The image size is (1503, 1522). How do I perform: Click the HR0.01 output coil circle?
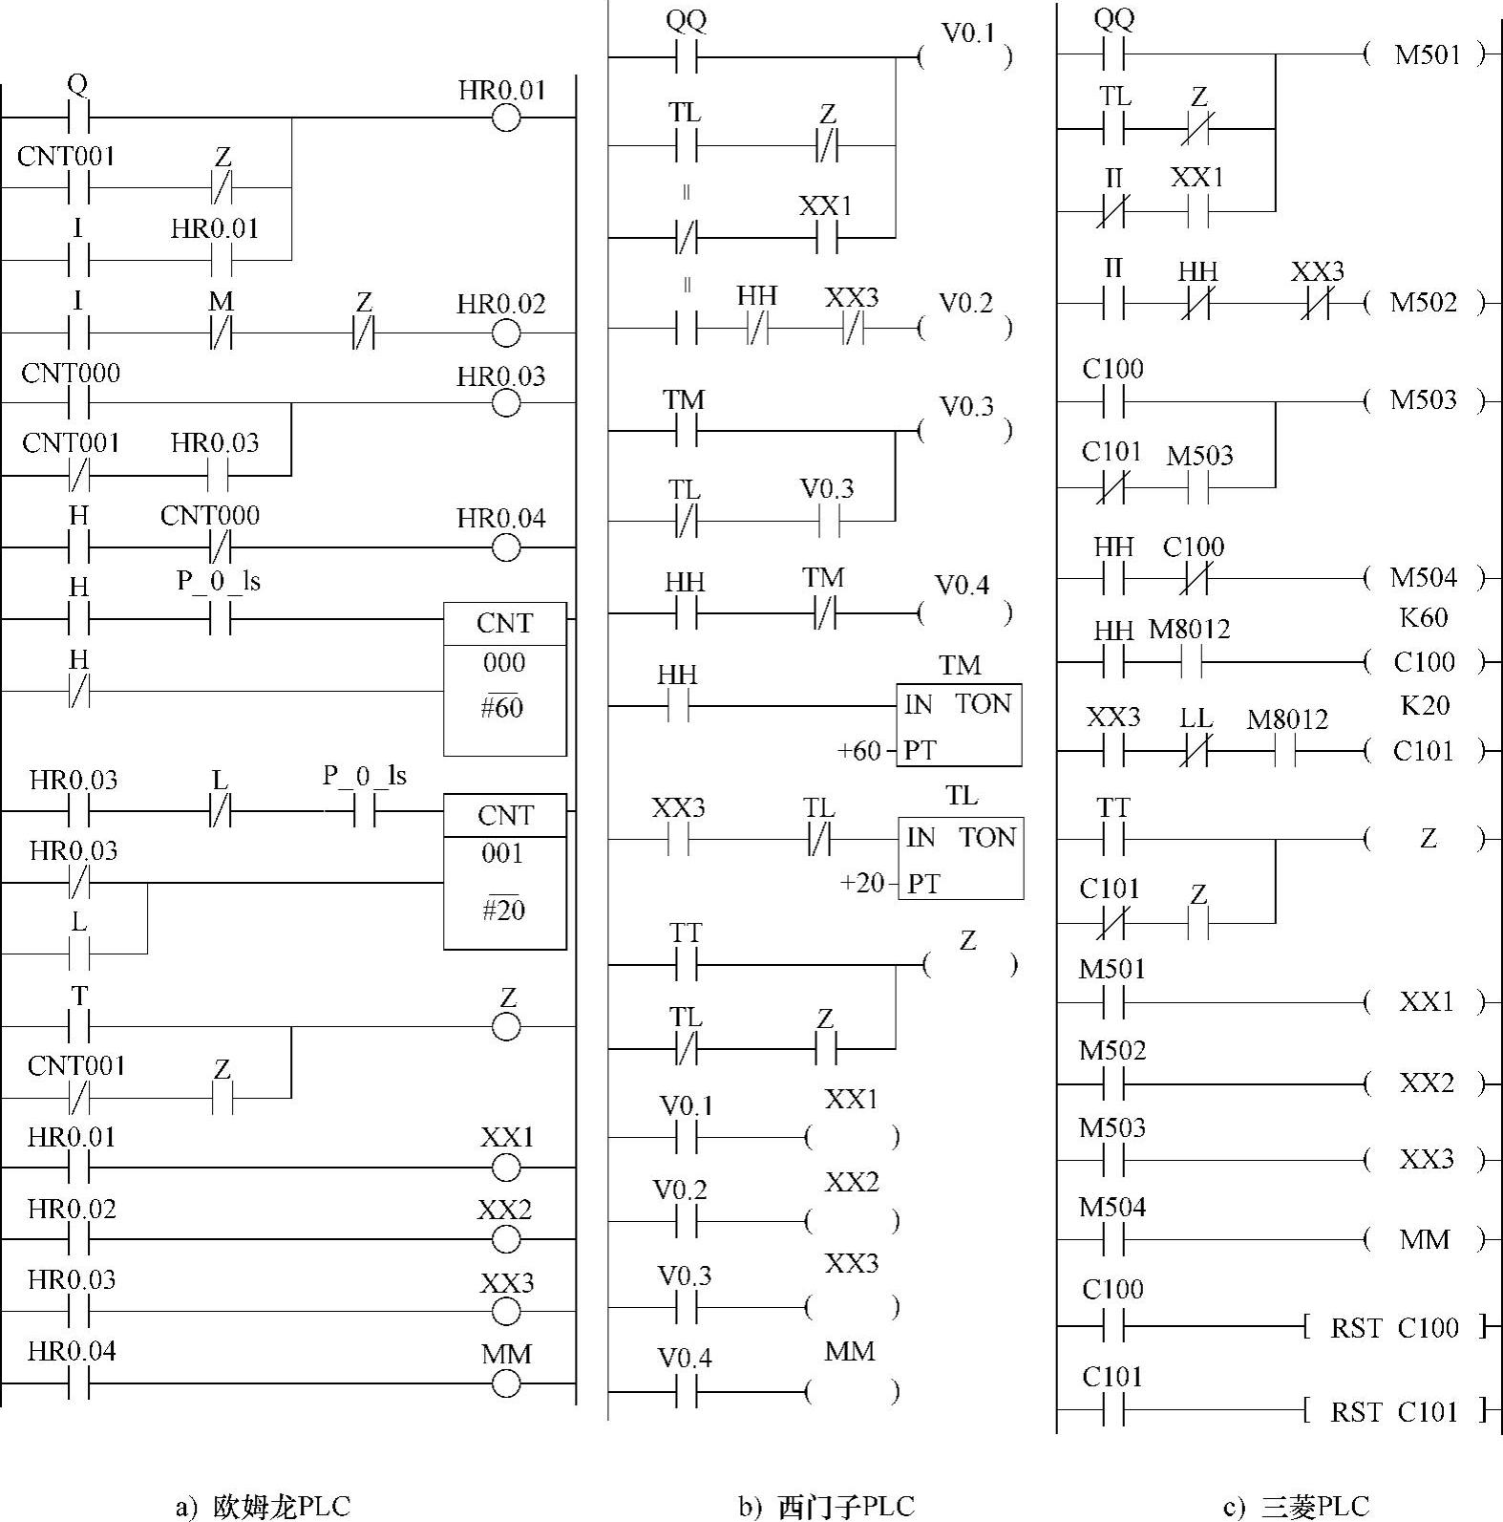coord(506,118)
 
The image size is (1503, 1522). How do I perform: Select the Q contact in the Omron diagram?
coord(77,118)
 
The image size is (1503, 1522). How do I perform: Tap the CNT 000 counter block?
coord(504,677)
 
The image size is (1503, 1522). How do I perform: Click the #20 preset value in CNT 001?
coord(503,911)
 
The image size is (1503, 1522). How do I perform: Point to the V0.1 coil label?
coord(967,34)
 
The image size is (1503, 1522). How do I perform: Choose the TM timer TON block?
coord(959,724)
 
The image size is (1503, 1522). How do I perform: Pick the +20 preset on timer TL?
coord(861,883)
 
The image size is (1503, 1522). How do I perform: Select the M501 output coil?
coord(1427,54)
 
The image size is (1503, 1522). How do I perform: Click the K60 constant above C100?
coord(1423,618)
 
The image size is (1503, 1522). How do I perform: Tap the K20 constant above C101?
coord(1424,706)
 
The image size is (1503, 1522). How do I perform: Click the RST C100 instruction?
coord(1394,1327)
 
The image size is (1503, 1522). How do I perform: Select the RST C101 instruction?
coord(1394,1411)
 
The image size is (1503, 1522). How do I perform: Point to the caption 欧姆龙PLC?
coord(263,1507)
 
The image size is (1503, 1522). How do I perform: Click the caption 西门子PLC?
coord(827,1507)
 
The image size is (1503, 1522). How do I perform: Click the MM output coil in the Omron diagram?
coord(506,1383)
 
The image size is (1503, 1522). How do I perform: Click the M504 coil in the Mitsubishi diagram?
coord(1424,577)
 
